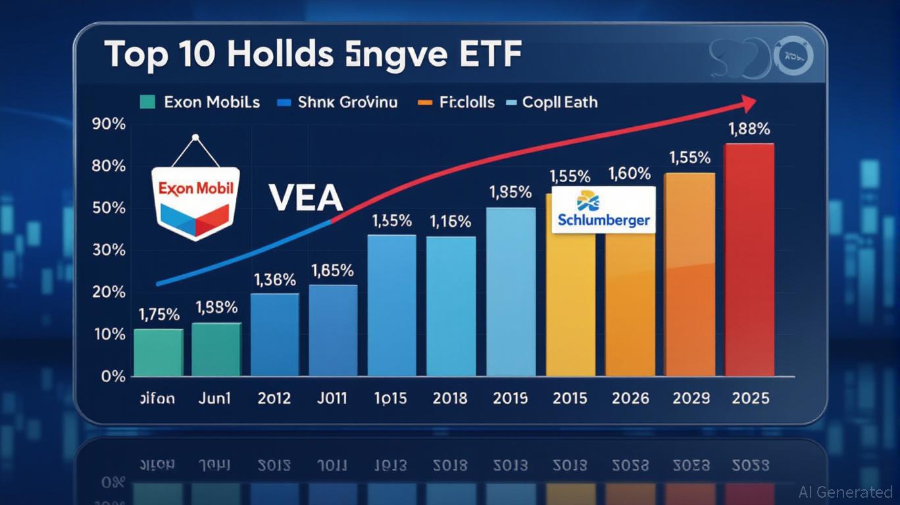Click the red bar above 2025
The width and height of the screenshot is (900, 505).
749,260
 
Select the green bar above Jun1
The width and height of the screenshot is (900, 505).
216,350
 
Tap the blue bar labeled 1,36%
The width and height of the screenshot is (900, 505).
274,335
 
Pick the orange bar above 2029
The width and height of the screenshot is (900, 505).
689,274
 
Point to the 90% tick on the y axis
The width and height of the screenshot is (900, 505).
109,124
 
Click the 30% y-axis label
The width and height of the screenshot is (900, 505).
109,250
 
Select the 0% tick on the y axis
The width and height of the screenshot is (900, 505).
113,377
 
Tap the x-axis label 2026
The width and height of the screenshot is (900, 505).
630,398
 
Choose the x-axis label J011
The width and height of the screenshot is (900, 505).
332,398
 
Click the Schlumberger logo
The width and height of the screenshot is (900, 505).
603,209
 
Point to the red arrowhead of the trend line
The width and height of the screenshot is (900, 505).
748,103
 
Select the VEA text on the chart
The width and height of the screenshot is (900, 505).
305,198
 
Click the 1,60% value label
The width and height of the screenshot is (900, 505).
630,174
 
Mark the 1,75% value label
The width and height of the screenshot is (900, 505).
158,314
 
